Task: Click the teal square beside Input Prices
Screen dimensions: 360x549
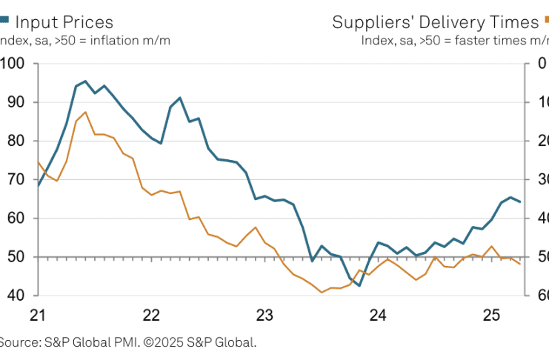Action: pos(4,22)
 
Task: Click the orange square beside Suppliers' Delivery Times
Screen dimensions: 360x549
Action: pos(545,22)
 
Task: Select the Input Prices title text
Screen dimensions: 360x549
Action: pos(64,22)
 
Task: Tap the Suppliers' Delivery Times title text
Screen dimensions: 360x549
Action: pos(435,22)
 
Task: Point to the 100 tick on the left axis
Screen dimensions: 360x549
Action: pos(14,64)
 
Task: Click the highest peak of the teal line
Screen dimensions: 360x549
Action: pos(85,81)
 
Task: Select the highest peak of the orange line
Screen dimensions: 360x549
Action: pos(85,112)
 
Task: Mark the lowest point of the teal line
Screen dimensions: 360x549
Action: pos(360,285)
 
